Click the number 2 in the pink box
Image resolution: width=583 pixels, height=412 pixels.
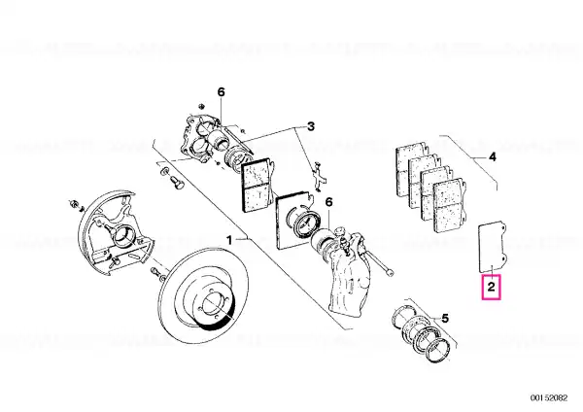pyautogui.click(x=491, y=287)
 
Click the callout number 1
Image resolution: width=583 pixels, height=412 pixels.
pyautogui.click(x=229, y=240)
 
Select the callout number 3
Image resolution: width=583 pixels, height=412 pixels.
pyautogui.click(x=311, y=126)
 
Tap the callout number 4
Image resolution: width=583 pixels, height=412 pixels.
pyautogui.click(x=492, y=156)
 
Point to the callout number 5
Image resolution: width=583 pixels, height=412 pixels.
pyautogui.click(x=445, y=319)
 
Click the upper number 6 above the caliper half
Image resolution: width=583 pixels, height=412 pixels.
pyautogui.click(x=222, y=92)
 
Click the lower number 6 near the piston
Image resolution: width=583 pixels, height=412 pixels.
pyautogui.click(x=328, y=202)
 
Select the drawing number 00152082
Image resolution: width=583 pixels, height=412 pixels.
pyautogui.click(x=549, y=397)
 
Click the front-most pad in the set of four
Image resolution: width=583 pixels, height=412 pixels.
pyautogui.click(x=449, y=205)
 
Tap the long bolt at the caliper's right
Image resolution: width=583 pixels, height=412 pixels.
pyautogui.click(x=380, y=263)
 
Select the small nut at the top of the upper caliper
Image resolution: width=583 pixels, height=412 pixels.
pyautogui.click(x=200, y=106)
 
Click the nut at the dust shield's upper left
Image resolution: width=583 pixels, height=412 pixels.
pyautogui.click(x=73, y=203)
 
